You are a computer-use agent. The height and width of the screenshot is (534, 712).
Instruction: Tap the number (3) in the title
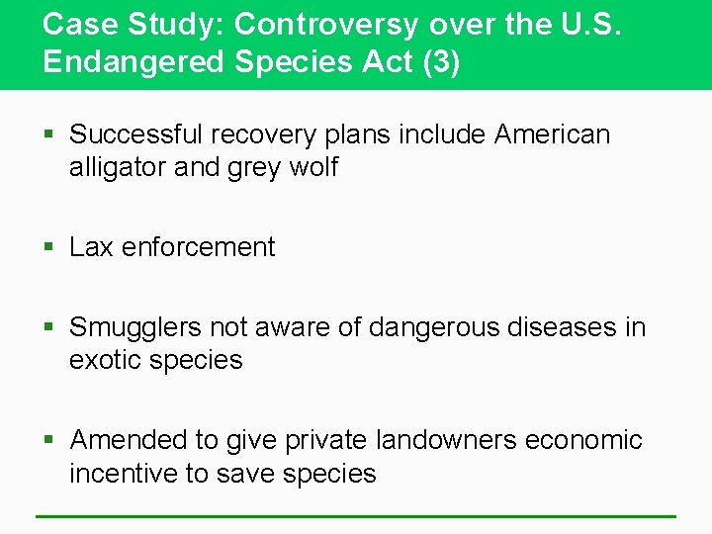[x=442, y=61]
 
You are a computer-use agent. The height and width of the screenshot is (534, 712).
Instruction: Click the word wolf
[x=313, y=167]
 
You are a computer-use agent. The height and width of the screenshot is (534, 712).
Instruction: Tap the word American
[x=553, y=133]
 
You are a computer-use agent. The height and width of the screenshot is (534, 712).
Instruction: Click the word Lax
[x=92, y=247]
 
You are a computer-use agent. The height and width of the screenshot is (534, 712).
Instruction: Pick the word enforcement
[x=199, y=247]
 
